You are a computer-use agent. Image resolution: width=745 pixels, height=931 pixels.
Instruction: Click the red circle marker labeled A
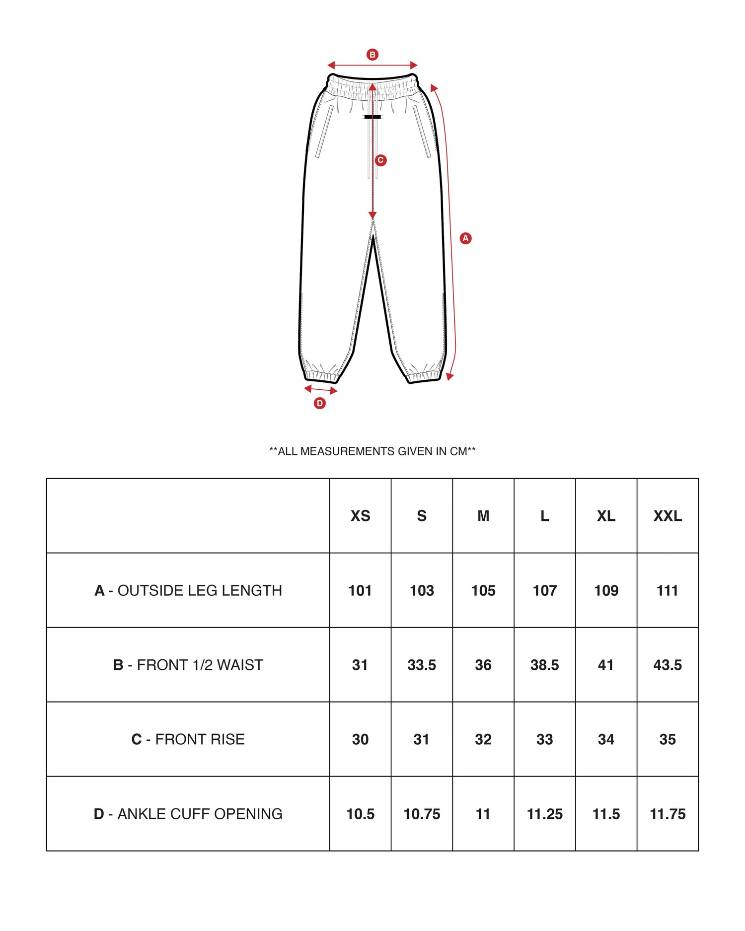coord(465,238)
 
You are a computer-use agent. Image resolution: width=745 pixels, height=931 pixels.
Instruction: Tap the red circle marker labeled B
coord(372,55)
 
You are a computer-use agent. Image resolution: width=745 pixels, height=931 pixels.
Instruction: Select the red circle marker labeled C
coord(380,160)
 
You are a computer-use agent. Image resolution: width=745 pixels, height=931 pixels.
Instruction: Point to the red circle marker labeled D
coord(320,403)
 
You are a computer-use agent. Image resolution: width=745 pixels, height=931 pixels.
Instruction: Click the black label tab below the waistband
coord(372,117)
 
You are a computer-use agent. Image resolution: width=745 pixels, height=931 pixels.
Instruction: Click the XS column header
coord(360,516)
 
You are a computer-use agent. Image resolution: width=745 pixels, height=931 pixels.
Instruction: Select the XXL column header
coord(668,516)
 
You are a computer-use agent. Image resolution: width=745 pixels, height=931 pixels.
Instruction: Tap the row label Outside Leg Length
coord(188,590)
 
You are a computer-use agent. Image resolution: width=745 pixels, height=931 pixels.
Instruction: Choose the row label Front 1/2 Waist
coord(188,665)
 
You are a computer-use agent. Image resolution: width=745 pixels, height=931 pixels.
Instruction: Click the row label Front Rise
coord(188,739)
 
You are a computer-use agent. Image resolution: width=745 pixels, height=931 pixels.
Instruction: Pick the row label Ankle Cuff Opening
coord(188,814)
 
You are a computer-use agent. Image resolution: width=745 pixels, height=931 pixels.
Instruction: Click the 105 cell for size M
coord(483,590)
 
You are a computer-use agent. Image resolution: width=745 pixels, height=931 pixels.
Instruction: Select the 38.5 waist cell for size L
coord(545,665)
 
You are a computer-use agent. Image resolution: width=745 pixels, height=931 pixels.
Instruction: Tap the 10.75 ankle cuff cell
coord(422,814)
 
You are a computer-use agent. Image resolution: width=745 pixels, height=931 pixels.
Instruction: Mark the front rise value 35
coord(668,739)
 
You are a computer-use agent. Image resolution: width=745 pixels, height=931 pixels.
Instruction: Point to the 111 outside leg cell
coord(668,590)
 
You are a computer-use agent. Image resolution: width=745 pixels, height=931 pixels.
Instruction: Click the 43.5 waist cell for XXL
coord(668,665)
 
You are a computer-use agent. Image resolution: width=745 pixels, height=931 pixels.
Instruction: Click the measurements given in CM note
coord(372,451)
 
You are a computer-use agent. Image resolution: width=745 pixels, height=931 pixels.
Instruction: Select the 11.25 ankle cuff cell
coord(545,814)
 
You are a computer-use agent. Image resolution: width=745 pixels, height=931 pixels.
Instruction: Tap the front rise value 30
coord(360,739)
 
